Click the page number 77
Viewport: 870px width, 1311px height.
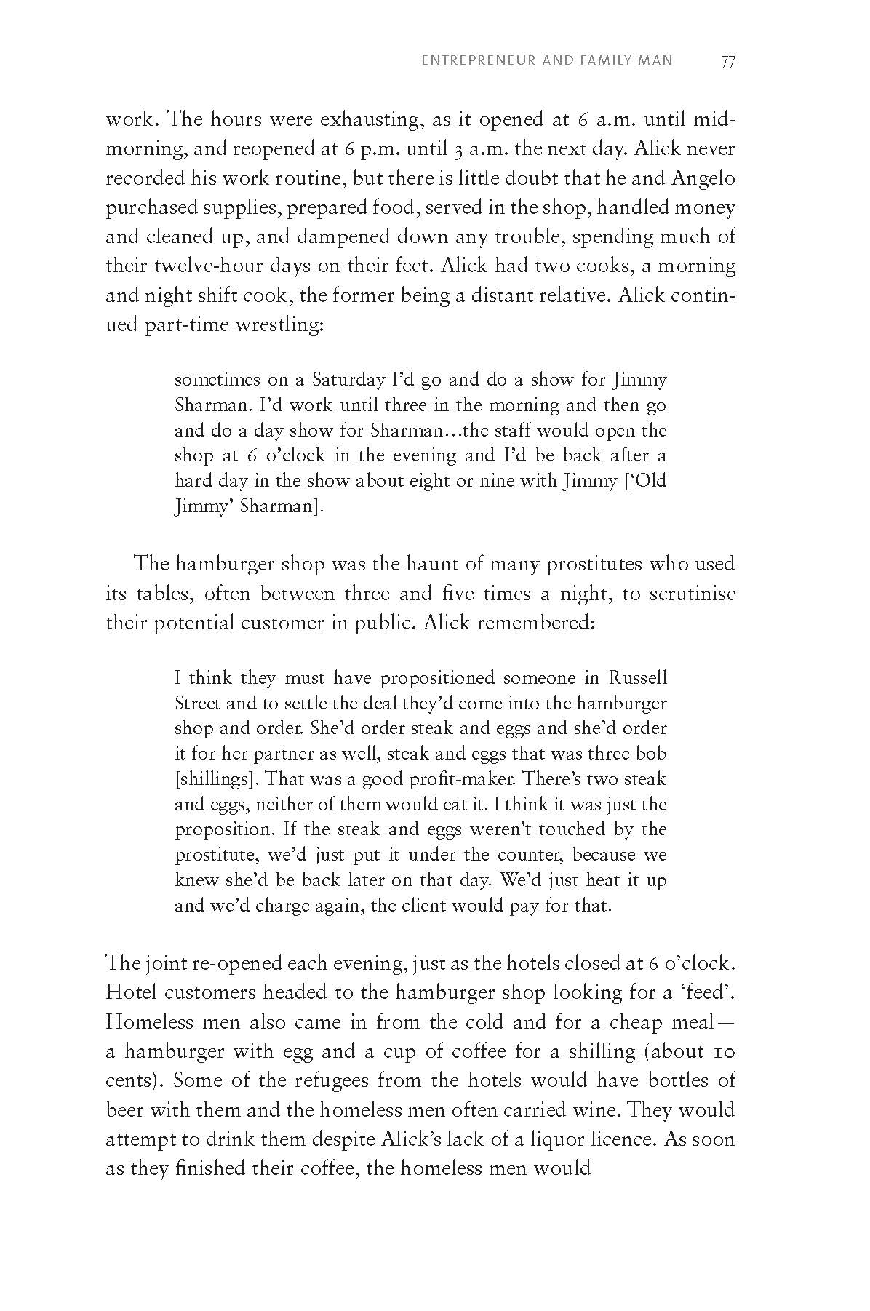coord(727,61)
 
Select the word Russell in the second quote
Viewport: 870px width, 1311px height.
coord(637,678)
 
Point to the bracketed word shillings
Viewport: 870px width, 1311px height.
coord(217,779)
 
